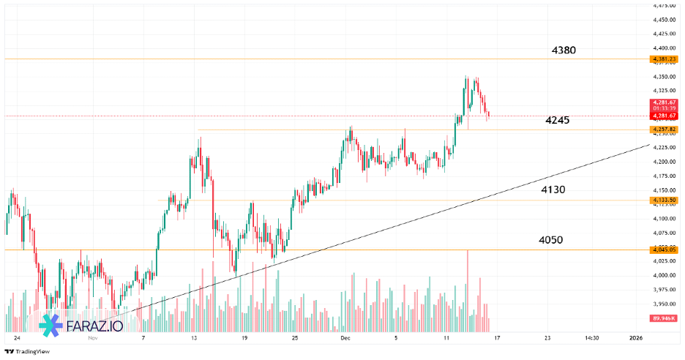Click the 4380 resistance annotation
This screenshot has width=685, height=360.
click(x=564, y=50)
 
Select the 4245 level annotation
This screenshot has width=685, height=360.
click(x=558, y=120)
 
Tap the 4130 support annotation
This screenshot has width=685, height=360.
click(x=553, y=190)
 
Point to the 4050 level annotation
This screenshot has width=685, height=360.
click(x=550, y=240)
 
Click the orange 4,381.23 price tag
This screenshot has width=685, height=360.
click(x=663, y=59)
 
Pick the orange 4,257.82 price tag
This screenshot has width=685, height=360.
click(x=663, y=130)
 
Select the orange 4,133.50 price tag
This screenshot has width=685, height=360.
click(x=663, y=200)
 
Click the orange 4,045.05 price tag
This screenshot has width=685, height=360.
click(x=663, y=250)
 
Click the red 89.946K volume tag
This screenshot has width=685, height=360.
click(x=662, y=318)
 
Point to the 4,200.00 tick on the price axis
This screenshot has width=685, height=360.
click(x=663, y=162)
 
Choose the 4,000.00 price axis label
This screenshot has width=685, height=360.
click(x=663, y=275)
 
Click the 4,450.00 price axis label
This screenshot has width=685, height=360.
click(x=663, y=20)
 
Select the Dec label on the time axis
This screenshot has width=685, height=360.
click(x=345, y=339)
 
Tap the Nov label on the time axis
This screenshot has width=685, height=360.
click(x=92, y=339)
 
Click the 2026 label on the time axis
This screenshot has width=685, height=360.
click(x=636, y=339)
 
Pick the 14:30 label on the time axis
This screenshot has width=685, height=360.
click(x=591, y=339)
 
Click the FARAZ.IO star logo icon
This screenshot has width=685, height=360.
click(x=51, y=325)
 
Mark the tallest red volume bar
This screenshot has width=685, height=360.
click(x=467, y=290)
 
